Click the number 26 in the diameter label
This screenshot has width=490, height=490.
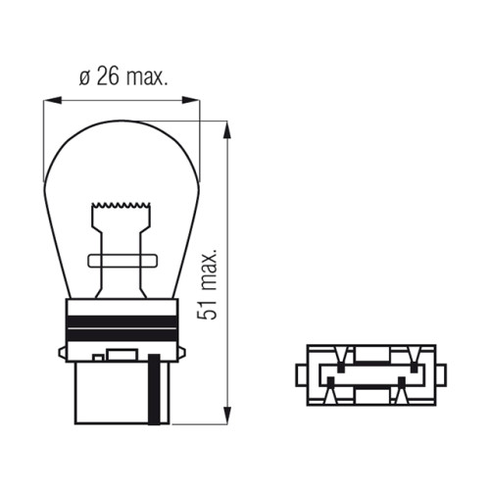tap(108, 76)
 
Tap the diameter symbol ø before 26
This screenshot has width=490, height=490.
tap(84, 78)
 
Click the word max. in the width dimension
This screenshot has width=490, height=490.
tap(147, 77)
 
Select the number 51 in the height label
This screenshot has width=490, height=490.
tap(207, 308)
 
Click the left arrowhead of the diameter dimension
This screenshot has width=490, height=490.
tap(53, 100)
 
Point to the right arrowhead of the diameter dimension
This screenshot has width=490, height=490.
tap(191, 100)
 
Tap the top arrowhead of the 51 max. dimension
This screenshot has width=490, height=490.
tap(227, 129)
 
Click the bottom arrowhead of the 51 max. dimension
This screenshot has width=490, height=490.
tap(227, 416)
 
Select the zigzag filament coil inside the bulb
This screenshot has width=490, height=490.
tap(122, 205)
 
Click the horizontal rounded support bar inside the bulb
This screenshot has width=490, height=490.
tap(122, 261)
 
